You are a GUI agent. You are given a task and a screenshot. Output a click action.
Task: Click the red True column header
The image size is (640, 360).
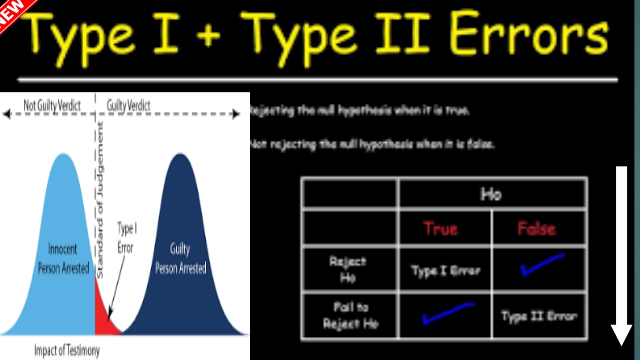(x=441, y=229)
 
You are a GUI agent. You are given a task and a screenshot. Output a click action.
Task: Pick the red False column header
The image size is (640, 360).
(x=536, y=229)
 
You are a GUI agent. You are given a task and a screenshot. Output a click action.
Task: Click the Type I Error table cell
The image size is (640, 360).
(x=445, y=271)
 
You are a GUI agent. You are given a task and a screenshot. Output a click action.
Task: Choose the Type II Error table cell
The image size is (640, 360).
(x=539, y=316)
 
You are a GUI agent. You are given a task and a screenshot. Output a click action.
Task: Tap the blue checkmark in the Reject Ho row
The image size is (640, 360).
(x=542, y=264)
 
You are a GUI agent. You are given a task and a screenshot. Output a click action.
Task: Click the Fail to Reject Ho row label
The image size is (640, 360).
(x=351, y=316)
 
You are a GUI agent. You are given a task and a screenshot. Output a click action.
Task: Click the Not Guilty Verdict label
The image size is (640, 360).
(x=52, y=105)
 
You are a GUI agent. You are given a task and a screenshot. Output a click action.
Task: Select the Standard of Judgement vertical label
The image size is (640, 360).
(x=100, y=200)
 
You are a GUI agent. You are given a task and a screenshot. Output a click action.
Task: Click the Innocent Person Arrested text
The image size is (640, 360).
(x=63, y=258)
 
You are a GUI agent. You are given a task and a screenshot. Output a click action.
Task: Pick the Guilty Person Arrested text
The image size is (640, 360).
(x=180, y=259)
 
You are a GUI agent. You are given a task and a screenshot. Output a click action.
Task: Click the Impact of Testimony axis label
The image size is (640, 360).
(x=67, y=351)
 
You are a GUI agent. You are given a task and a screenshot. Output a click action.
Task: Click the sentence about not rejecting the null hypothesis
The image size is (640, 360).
(x=373, y=145)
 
